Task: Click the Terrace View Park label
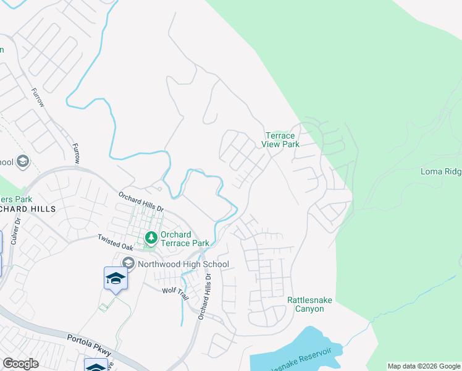coord(282,140)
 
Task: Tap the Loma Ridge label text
coord(440,171)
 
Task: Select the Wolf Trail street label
coord(174,290)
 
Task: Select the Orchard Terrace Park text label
coord(184,239)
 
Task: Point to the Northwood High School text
coord(183,265)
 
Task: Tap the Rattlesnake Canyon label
coord(309,304)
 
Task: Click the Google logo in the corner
coord(20,364)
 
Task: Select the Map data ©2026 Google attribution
coord(424,366)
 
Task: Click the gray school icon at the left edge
coord(23,162)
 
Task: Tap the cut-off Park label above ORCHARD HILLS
coord(16,199)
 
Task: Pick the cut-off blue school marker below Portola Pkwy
coord(96,366)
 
